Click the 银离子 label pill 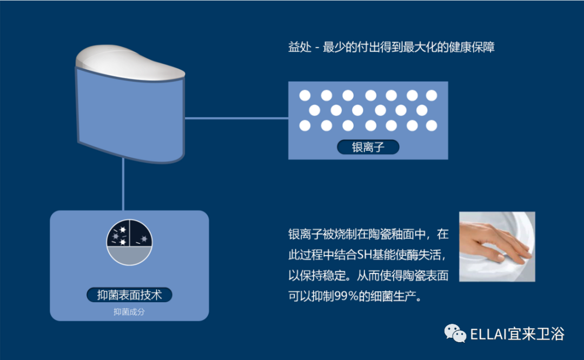click(x=368, y=147)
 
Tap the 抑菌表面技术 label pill click(x=129, y=295)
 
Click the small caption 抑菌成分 click(x=129, y=312)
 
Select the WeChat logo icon click(x=455, y=333)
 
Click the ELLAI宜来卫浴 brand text click(x=517, y=334)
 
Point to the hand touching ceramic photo click(x=497, y=246)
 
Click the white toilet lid click(x=130, y=63)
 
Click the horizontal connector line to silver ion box click(x=236, y=118)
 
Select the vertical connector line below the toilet click(x=123, y=184)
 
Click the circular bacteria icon click(x=129, y=242)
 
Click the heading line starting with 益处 click(x=391, y=47)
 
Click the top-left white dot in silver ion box click(x=305, y=96)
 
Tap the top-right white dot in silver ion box click(x=432, y=96)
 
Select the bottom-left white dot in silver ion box click(x=305, y=126)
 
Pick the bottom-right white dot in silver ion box click(x=432, y=126)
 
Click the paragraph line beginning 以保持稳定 click(x=368, y=276)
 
